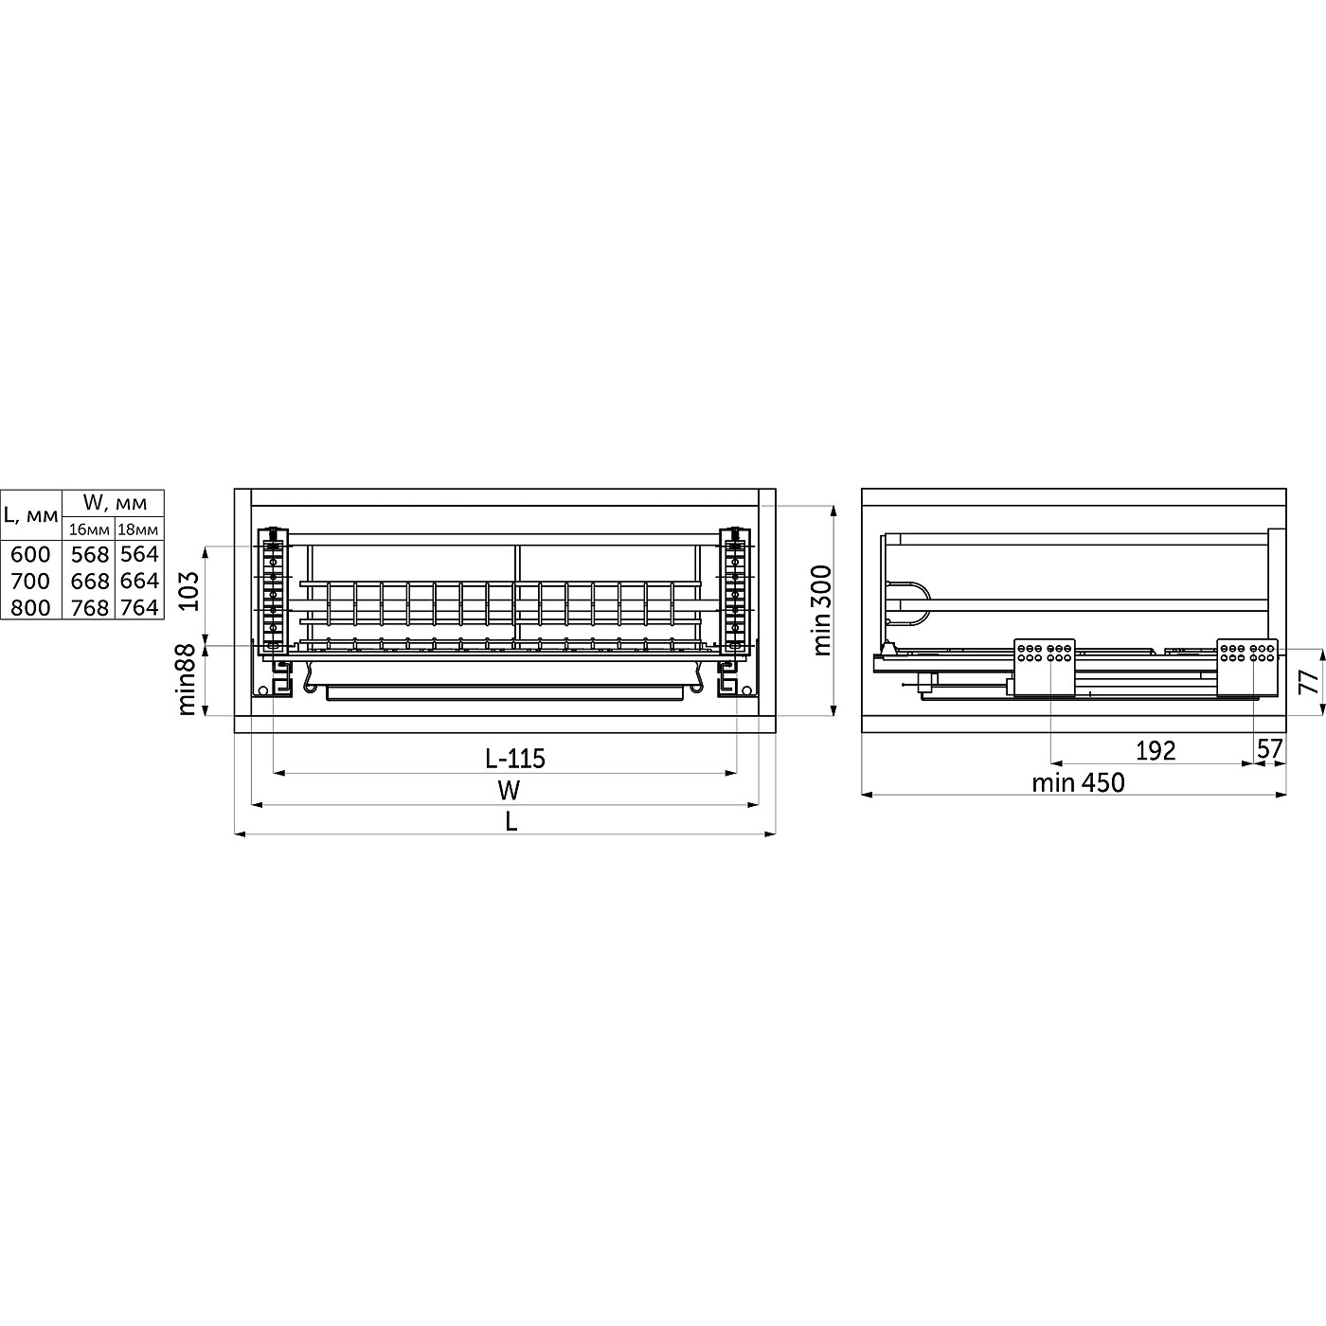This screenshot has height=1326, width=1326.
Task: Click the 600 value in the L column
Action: pos(30,555)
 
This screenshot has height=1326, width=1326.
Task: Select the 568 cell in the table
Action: pos(90,555)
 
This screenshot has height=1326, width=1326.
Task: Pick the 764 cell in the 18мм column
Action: pos(139,608)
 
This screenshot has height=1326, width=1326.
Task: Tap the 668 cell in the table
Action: pos(90,582)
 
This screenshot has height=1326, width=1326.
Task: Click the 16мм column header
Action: pos(89,529)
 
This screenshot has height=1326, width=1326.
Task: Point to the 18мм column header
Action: pos(138,529)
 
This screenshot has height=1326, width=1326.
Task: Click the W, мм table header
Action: pos(115,503)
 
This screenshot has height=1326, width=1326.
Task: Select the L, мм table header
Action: pos(31,514)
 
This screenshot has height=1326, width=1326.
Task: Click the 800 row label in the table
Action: pos(30,608)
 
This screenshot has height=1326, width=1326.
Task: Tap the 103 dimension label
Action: pos(188,591)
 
